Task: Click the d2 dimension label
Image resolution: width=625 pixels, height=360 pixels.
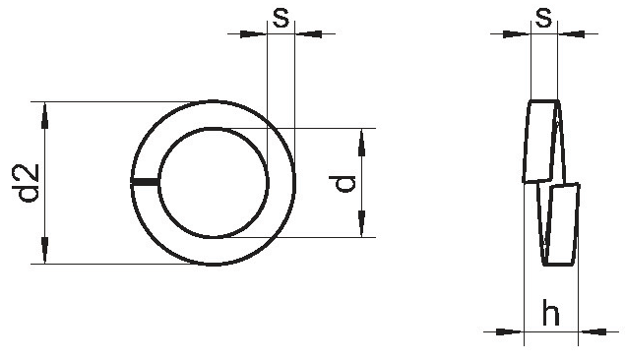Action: (x=27, y=183)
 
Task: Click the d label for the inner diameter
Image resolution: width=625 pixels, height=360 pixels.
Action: (x=343, y=183)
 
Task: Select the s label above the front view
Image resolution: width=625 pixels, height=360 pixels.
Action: (x=281, y=18)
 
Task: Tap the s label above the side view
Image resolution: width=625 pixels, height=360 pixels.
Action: (x=544, y=18)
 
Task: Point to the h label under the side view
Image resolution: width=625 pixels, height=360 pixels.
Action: (x=551, y=313)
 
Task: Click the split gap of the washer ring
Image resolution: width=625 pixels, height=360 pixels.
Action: (x=145, y=182)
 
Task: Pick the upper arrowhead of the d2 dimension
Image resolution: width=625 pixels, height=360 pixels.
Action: (x=44, y=115)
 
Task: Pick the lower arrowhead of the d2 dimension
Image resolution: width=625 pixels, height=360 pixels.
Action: (x=44, y=250)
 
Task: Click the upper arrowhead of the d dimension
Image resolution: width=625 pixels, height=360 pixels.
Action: (x=361, y=143)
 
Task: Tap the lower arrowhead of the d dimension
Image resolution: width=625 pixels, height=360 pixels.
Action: (x=361, y=224)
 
